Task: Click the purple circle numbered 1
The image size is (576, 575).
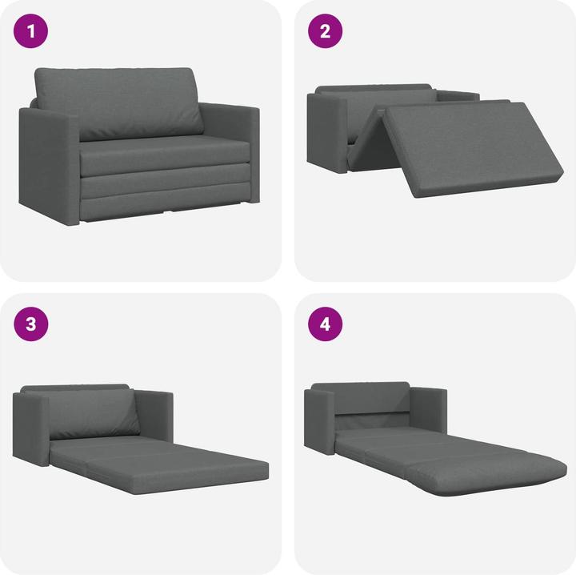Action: (x=32, y=32)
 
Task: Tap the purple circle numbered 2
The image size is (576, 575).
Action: (x=325, y=32)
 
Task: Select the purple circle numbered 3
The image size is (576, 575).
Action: (x=32, y=324)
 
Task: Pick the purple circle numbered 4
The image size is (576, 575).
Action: (x=325, y=324)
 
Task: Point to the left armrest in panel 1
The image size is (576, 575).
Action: (x=48, y=164)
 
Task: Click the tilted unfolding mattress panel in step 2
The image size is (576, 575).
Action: (x=472, y=148)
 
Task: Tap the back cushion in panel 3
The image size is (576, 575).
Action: (x=92, y=416)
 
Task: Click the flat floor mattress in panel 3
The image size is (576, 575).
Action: (x=160, y=468)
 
